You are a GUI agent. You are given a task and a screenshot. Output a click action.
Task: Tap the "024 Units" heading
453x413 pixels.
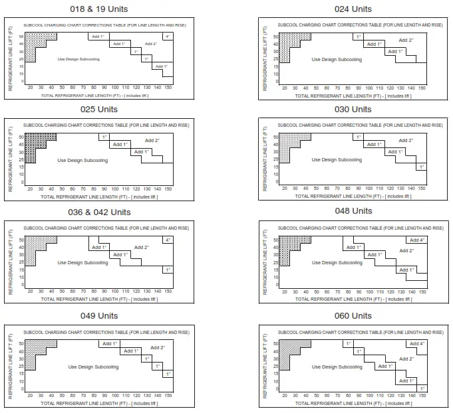[x=353, y=9]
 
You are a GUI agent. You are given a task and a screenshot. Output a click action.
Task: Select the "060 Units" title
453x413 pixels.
[x=353, y=315]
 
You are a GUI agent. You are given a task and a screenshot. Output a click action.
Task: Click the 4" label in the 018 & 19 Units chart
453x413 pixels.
[x=168, y=36]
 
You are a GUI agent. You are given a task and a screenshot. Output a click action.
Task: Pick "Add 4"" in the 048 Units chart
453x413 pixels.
[x=417, y=240]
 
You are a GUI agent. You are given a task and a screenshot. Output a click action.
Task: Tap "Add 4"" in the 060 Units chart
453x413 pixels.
[x=417, y=343]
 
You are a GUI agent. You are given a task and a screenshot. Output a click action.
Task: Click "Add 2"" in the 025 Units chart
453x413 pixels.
[x=152, y=140]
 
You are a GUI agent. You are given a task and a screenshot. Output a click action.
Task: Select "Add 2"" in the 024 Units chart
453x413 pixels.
[x=406, y=40]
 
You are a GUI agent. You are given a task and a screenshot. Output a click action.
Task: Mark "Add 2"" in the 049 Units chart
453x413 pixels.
[x=158, y=347]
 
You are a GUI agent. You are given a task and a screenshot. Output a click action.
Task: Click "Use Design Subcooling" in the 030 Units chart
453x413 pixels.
[x=337, y=160]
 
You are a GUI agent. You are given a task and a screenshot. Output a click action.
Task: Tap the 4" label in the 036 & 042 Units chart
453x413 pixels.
[x=168, y=240]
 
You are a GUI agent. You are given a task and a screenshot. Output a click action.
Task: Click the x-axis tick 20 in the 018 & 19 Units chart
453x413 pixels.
[x=30, y=87]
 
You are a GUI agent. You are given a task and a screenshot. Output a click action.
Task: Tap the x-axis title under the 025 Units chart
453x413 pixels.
[x=99, y=197]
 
